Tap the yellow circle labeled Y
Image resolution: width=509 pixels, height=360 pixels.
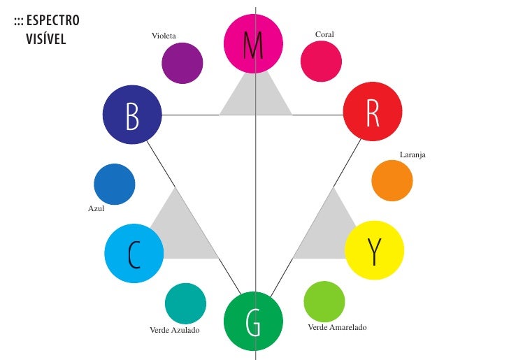coord(374,250)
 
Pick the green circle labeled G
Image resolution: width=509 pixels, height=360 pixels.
coord(253,321)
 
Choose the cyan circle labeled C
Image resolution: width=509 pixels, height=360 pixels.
coord(134,253)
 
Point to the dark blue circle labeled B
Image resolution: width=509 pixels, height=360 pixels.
coord(132,115)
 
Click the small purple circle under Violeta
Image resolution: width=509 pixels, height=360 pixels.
coord(182,64)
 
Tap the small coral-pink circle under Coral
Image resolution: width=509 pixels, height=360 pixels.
coord(321,61)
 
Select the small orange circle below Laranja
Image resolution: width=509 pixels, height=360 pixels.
coord(392,181)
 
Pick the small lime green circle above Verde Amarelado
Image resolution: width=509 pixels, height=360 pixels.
coord(324,301)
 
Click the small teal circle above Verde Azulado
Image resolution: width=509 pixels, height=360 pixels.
coord(185,303)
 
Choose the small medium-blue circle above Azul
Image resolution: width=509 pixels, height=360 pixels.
coord(114,185)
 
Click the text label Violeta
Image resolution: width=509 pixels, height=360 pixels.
coord(164,35)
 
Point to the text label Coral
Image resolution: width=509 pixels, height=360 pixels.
coord(324,34)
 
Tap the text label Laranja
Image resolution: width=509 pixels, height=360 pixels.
coord(413,154)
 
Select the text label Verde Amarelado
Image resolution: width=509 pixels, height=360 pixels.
coord(337,327)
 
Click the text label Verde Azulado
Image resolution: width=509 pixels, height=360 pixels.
coord(175,329)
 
